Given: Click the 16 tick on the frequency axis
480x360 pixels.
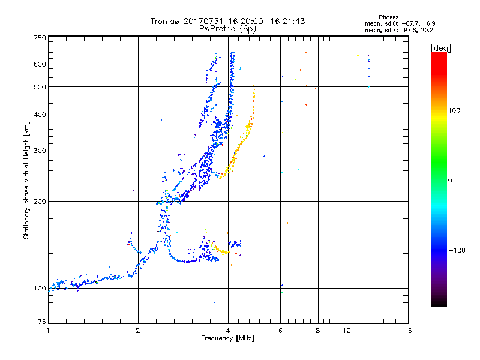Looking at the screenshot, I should pos(408,331).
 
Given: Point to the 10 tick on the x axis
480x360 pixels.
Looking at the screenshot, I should pos(346,331).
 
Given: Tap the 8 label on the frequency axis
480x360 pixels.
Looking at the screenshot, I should pos(318,331).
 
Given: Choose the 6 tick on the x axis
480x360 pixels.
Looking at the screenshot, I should pos(280,331).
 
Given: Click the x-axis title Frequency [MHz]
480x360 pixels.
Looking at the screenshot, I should pos(228,339).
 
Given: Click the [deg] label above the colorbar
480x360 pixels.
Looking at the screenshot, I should pos(441,47).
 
